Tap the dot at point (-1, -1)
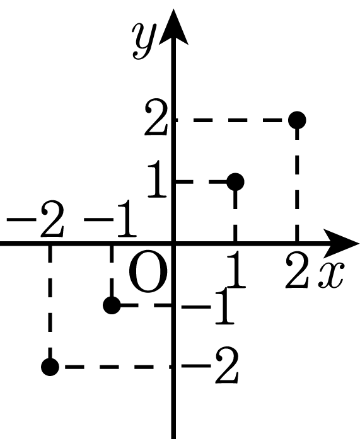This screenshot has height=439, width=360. pos(112,305)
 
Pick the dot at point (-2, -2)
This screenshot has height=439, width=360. pos(50,367)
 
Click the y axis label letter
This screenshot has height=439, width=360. pos(144,40)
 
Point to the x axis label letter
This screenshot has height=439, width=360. pos(330,275)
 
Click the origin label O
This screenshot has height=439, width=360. pos(149,271)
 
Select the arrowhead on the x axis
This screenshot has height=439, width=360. pos(342,243)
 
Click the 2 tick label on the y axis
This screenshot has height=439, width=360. pos(156,117)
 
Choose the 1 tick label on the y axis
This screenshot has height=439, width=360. pos(157,179)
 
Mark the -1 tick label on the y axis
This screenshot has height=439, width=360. pos(207,305)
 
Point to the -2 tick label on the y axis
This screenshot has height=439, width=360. pos(210,365)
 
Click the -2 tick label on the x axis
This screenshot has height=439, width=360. pos(35,219)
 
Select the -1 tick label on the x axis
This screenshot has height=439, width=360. pos(110,219)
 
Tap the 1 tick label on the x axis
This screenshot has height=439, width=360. pos(236,270)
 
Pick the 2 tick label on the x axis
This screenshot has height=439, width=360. pos(297,270)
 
